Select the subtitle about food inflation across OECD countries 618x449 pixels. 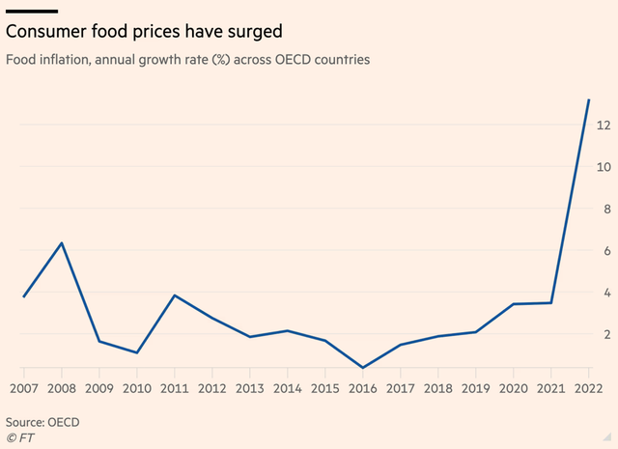coord(188,60)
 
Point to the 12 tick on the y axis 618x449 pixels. coord(602,126)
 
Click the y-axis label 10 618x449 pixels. coord(602,167)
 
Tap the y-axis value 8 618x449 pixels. coord(604,209)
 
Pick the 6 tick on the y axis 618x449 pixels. coord(604,251)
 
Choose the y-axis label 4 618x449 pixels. coord(604,293)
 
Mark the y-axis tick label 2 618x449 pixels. coord(604,334)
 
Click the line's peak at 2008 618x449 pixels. coord(62,242)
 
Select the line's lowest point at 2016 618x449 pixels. coord(362,368)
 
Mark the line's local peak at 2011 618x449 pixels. coord(174,295)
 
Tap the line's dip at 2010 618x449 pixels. coord(136,352)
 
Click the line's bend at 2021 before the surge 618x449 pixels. coord(551,303)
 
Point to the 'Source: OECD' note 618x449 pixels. coord(42,422)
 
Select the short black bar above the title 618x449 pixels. coord(32,11)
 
